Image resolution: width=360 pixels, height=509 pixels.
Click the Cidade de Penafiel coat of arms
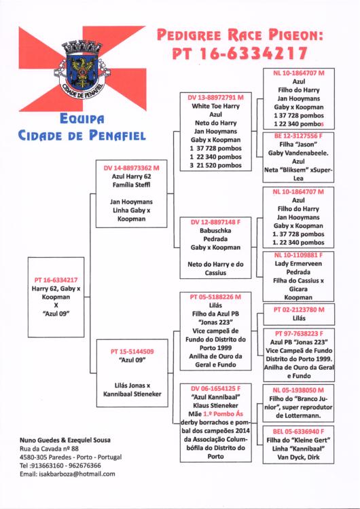tap(82, 69)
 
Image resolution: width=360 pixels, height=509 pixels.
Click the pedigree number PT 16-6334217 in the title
tap(240, 53)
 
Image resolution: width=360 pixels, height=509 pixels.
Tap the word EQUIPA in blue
tap(82, 119)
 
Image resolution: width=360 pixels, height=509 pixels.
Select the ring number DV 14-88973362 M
tap(132, 168)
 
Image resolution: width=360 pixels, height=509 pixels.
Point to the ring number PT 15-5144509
tap(132, 352)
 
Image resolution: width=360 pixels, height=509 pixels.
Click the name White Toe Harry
tap(216, 106)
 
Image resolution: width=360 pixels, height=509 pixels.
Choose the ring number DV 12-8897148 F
tap(216, 222)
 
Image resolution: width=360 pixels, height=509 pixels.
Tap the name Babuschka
tap(216, 231)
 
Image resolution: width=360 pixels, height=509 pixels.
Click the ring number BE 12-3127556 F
tap(298, 136)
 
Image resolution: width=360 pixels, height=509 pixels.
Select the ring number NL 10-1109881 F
tap(298, 255)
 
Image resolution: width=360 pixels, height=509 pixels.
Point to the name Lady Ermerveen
tap(298, 263)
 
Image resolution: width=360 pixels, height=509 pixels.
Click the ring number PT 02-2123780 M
tap(299, 309)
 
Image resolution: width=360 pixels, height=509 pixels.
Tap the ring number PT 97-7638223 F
tap(299, 334)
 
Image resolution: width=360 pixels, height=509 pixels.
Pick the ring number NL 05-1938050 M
tap(298, 390)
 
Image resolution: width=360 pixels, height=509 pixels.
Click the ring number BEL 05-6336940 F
tap(298, 432)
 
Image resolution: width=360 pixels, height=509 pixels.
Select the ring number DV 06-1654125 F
tap(216, 389)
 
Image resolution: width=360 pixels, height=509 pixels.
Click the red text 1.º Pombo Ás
tap(223, 414)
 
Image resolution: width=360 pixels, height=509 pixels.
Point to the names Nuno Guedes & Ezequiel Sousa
tap(65, 440)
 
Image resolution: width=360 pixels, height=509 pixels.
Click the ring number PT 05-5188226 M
tap(216, 297)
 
